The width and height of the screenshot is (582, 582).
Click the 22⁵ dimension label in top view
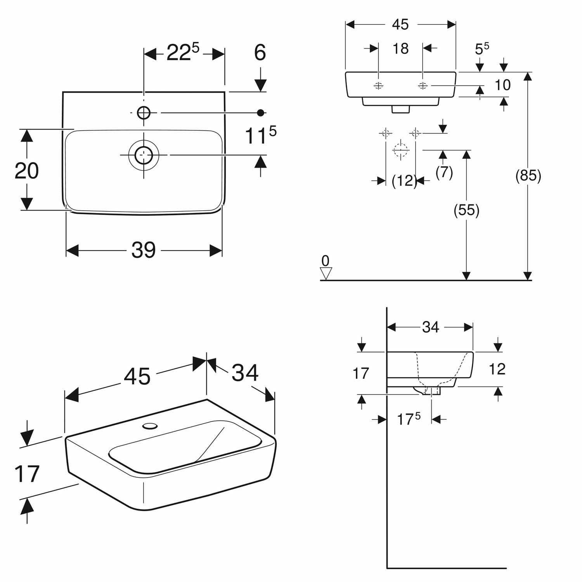coord(183,52)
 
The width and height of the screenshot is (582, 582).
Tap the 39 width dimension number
coord(144,250)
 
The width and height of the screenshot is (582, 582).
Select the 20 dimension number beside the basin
coord(26,170)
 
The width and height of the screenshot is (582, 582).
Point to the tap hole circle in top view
coord(144,113)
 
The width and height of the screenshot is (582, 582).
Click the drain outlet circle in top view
coord(144,154)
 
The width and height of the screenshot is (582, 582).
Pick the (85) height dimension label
coord(528,176)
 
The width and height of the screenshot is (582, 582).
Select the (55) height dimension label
coord(466,210)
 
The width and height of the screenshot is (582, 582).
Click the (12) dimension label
coord(404,180)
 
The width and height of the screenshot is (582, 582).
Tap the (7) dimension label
coord(444,172)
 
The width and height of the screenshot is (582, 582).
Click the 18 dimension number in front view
coord(400,48)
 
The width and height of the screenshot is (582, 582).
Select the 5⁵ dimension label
coord(482,48)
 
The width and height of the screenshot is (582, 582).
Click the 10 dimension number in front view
coord(503,85)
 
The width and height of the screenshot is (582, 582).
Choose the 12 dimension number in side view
coord(497,369)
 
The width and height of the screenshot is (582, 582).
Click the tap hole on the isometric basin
coord(150,426)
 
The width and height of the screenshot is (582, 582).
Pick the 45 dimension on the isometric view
coord(138,376)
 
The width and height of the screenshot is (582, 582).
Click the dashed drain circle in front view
coord(401,150)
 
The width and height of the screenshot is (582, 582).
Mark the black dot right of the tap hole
coord(261,113)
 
